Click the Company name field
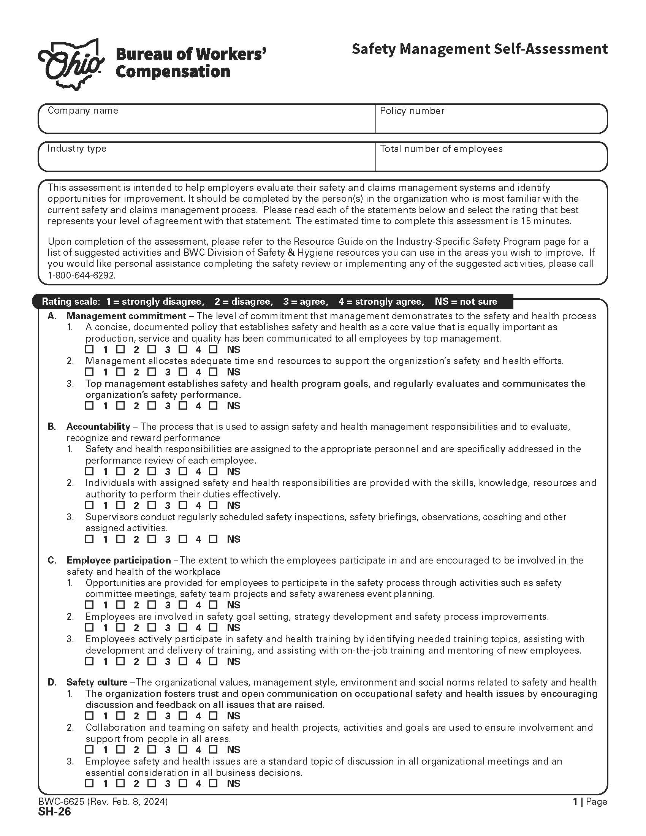207,122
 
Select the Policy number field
491,122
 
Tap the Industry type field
207,160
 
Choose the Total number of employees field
491,160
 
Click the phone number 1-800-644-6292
81,275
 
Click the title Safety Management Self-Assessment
479,49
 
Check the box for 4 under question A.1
183,349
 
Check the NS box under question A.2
213,372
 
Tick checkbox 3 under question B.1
152,471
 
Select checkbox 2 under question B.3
120,539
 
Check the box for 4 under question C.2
183,627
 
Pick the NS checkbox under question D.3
213,783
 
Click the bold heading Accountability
98,426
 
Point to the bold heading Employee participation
119,560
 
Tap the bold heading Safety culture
97,682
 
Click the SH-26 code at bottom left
54,812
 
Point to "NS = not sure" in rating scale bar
466,301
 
